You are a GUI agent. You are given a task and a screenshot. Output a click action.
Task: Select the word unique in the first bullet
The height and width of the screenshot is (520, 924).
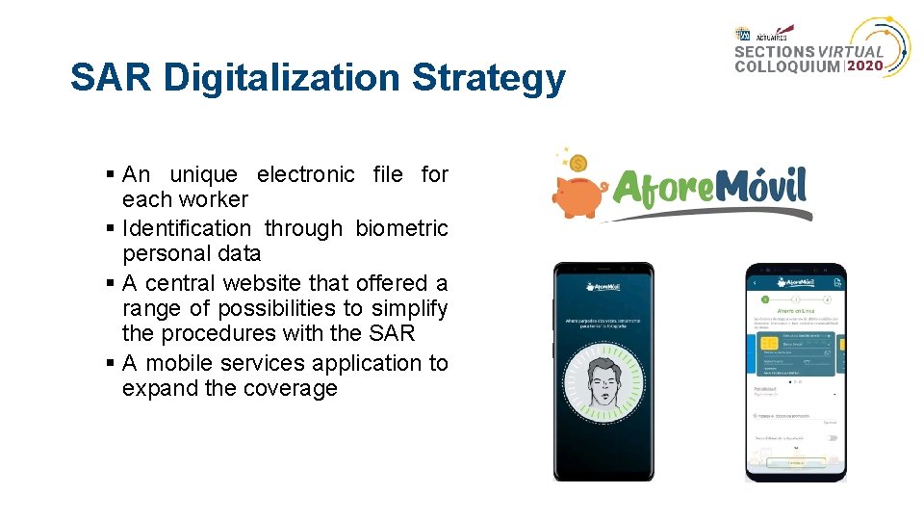(203, 174)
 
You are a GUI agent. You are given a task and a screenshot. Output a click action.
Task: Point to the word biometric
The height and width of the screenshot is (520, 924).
(401, 228)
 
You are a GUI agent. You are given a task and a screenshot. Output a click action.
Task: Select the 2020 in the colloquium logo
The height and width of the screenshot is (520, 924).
(866, 67)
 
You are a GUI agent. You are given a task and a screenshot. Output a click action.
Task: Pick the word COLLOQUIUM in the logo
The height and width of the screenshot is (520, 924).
(787, 67)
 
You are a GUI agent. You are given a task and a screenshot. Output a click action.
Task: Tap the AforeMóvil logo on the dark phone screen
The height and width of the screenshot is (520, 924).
(603, 286)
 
